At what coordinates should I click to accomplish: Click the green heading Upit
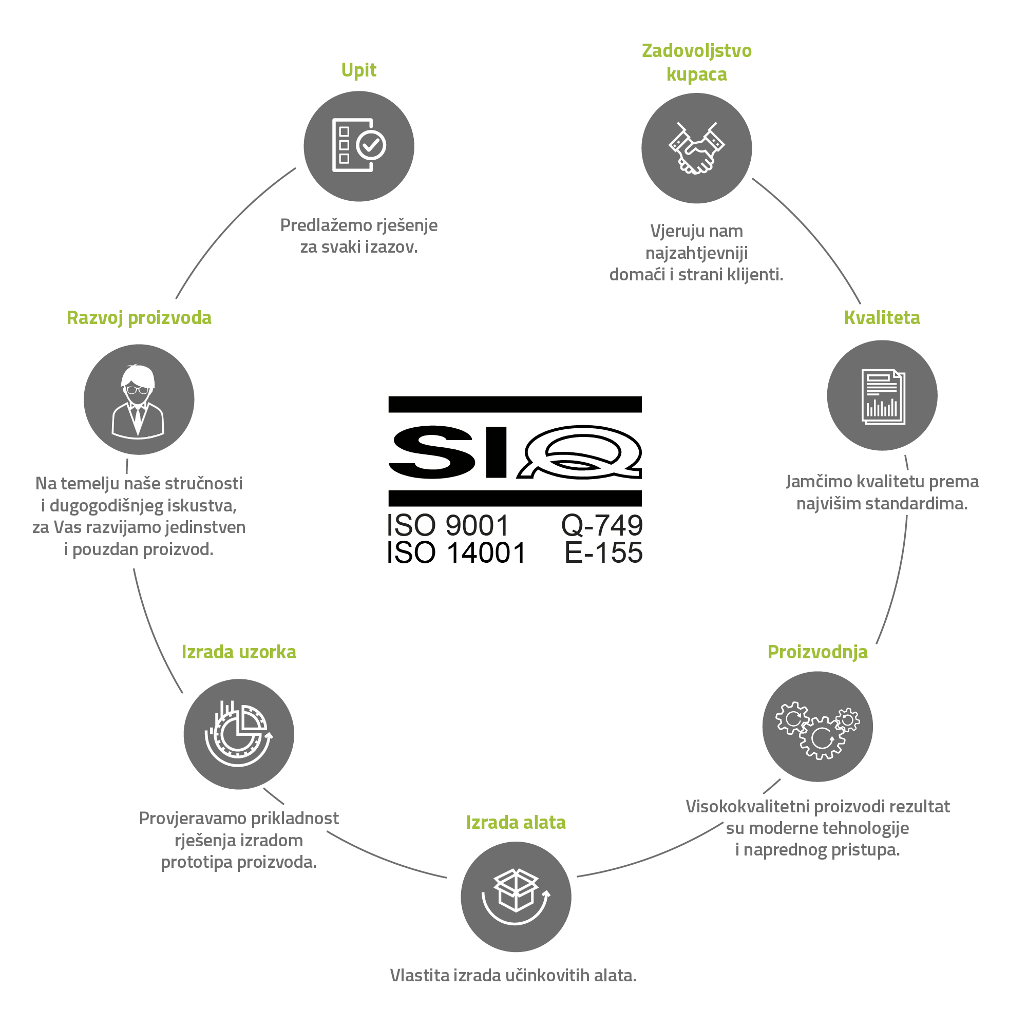click(x=359, y=71)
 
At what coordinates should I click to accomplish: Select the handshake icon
click(x=696, y=148)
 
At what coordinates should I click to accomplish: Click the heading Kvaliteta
click(x=882, y=317)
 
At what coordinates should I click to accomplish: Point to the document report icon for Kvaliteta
click(x=882, y=396)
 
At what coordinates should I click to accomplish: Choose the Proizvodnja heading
click(x=817, y=652)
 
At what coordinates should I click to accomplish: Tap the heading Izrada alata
click(x=516, y=822)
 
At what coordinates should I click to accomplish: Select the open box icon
click(x=516, y=897)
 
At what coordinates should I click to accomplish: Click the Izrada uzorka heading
click(x=239, y=652)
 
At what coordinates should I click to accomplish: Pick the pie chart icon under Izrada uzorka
click(x=239, y=734)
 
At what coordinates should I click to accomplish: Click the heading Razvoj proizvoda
click(x=139, y=318)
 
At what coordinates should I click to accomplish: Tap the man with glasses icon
click(x=138, y=402)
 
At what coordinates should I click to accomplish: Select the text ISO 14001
click(x=456, y=553)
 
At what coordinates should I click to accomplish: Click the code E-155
click(x=603, y=553)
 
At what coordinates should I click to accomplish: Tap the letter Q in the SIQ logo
click(x=580, y=452)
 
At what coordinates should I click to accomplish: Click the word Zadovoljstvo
click(x=696, y=51)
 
